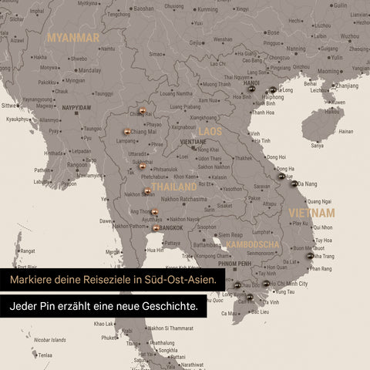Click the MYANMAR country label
click(73, 37)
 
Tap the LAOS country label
click(210, 132)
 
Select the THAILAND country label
click(174, 187)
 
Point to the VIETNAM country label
click(311, 212)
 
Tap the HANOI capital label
click(251, 83)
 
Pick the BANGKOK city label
click(171, 228)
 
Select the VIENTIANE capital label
click(193, 142)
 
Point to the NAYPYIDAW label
click(77, 107)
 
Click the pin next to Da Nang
click(293, 183)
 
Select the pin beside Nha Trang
click(310, 256)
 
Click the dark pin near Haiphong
click(272, 90)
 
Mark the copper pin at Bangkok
click(156, 228)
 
